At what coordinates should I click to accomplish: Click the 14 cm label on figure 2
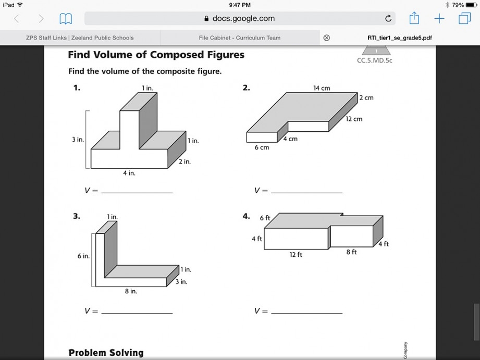[322, 88]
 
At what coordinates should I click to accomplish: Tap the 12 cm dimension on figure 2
[354, 119]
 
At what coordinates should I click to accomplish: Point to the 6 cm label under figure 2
[262, 147]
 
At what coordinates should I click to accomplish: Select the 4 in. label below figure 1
[129, 173]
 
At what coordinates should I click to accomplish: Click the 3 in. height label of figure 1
[78, 140]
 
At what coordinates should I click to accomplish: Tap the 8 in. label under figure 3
[130, 291]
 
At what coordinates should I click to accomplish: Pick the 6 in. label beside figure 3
[83, 256]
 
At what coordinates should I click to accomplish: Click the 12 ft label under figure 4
[296, 255]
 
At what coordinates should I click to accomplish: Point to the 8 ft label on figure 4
[351, 252]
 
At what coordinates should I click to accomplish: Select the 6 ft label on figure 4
[265, 218]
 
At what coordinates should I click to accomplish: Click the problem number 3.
[76, 216]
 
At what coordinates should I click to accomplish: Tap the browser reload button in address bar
[388, 19]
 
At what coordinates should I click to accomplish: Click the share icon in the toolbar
[414, 18]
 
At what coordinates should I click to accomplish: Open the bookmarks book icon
[66, 19]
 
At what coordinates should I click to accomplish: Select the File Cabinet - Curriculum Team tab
[240, 38]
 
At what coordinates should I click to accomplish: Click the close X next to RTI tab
[327, 38]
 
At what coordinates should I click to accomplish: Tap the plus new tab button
[439, 19]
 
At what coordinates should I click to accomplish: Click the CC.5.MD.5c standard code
[374, 61]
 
